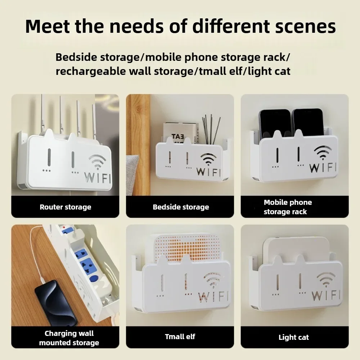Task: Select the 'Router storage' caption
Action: click(66, 207)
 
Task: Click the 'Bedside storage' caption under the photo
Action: click(181, 207)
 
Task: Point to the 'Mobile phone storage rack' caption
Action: click(288, 207)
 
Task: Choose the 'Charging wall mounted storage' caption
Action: click(69, 338)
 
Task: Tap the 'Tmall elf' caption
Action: click(180, 337)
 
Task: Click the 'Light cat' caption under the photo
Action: click(294, 337)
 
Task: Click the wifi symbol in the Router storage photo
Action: click(97, 162)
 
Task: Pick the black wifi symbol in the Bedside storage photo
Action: click(208, 159)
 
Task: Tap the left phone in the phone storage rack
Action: click(275, 124)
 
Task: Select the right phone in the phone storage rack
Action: click(308, 123)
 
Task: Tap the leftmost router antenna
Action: click(42, 114)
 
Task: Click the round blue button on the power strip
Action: click(93, 279)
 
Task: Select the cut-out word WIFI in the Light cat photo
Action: click(326, 296)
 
